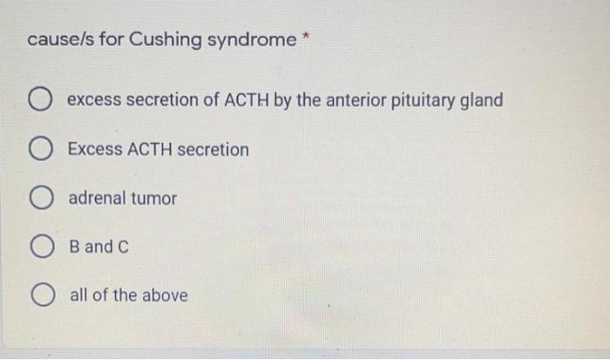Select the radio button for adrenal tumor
pyautogui.click(x=43, y=199)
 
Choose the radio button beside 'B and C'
pyautogui.click(x=43, y=248)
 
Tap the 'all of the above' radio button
pyautogui.click(x=43, y=295)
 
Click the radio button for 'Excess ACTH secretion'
pyautogui.click(x=43, y=150)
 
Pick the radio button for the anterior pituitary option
pyautogui.click(x=43, y=101)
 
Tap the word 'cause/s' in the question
pyautogui.click(x=56, y=40)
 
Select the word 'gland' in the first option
pyautogui.click(x=482, y=100)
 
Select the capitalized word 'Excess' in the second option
pyautogui.click(x=95, y=149)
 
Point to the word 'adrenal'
pyautogui.click(x=97, y=199)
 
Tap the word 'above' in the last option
pyautogui.click(x=165, y=295)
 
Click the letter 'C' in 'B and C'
pyautogui.click(x=123, y=247)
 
